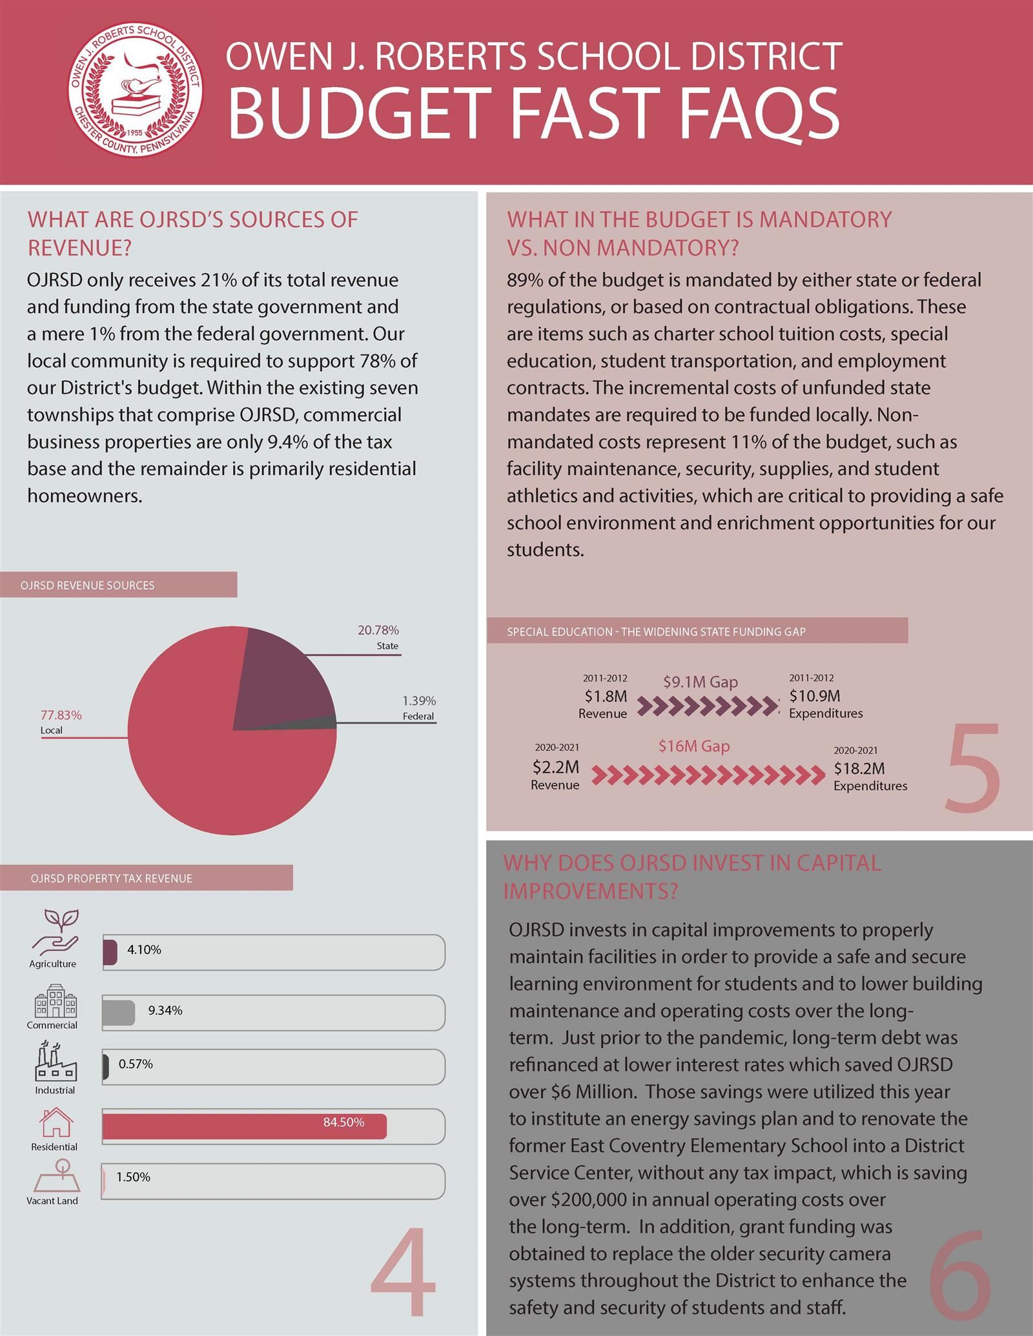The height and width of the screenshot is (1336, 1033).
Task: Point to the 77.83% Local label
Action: click(61, 722)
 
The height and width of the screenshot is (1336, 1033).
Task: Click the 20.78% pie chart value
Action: click(378, 630)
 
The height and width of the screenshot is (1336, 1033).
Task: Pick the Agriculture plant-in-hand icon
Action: click(54, 933)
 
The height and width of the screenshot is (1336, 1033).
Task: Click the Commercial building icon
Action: click(55, 1001)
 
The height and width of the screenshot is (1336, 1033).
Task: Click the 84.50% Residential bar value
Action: click(343, 1122)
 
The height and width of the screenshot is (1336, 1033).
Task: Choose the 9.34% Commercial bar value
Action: click(165, 1011)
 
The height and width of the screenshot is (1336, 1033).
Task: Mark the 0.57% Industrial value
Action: click(136, 1064)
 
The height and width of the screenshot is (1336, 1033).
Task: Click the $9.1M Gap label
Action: click(701, 682)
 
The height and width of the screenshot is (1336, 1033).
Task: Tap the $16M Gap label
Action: click(694, 746)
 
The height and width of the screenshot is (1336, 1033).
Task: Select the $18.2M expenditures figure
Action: click(859, 768)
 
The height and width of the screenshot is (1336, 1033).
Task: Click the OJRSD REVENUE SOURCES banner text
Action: click(87, 585)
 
